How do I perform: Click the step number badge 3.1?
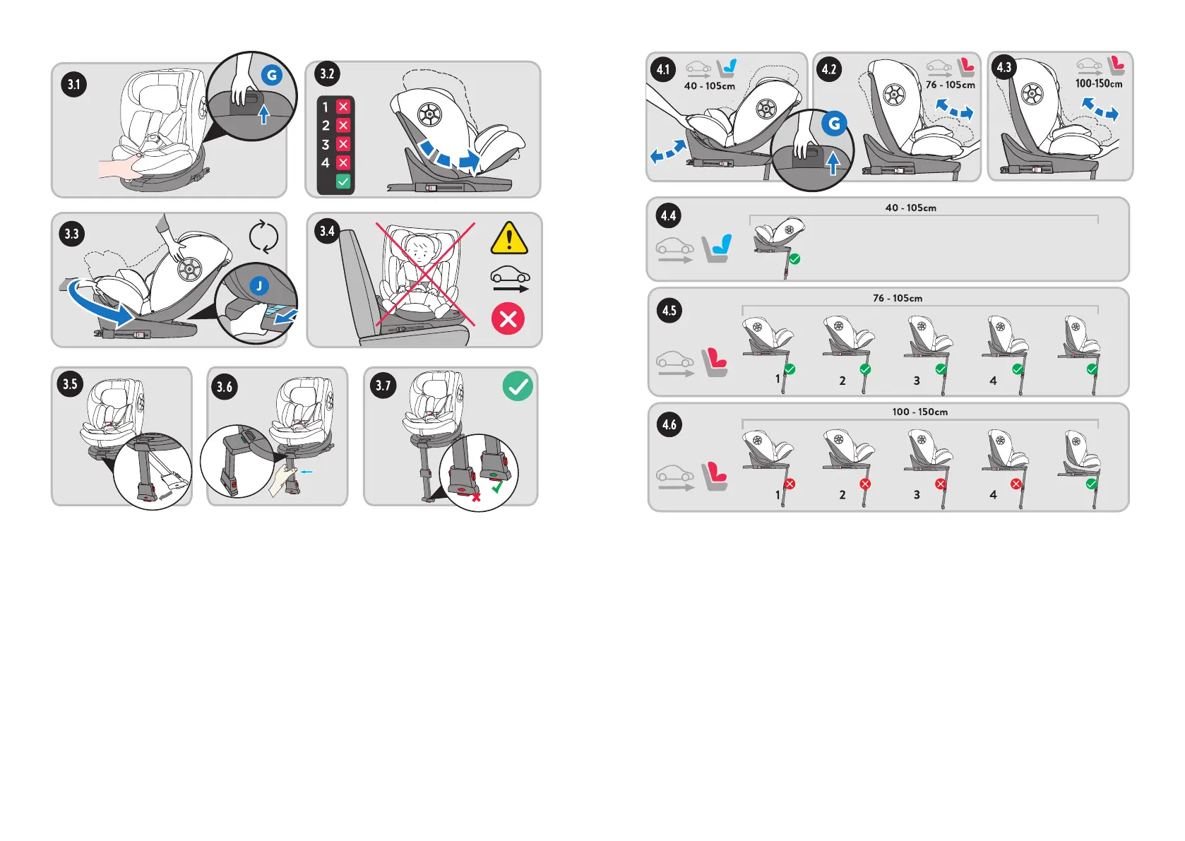[74, 85]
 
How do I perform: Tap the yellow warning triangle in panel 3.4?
[508, 239]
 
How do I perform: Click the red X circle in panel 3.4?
[508, 319]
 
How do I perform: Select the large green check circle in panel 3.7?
[518, 386]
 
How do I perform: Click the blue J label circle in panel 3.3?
[259, 285]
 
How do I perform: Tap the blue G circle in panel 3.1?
[271, 75]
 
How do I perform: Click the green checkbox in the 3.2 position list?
[343, 181]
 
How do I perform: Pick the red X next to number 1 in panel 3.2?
[343, 107]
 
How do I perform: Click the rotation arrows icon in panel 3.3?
[263, 237]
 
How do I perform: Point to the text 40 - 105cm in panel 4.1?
[709, 86]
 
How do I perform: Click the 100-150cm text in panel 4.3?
[1098, 83]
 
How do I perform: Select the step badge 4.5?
[669, 311]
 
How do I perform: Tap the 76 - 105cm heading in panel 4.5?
[897, 298]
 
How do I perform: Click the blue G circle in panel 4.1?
[834, 124]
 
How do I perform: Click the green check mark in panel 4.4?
[794, 259]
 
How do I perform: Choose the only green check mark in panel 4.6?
[1092, 484]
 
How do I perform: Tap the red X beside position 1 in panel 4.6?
[790, 484]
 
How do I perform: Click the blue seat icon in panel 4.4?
[717, 249]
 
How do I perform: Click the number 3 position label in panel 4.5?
[917, 381]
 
